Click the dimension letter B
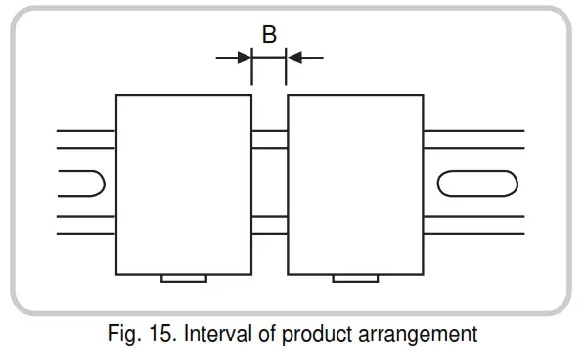(269, 34)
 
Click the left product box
(184, 184)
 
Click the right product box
(355, 184)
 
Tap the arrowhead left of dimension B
(245, 58)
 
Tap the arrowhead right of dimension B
(293, 58)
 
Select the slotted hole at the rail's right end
(476, 183)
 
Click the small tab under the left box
(183, 278)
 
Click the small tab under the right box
(355, 278)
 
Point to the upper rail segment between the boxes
(269, 139)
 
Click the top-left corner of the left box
(116, 95)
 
